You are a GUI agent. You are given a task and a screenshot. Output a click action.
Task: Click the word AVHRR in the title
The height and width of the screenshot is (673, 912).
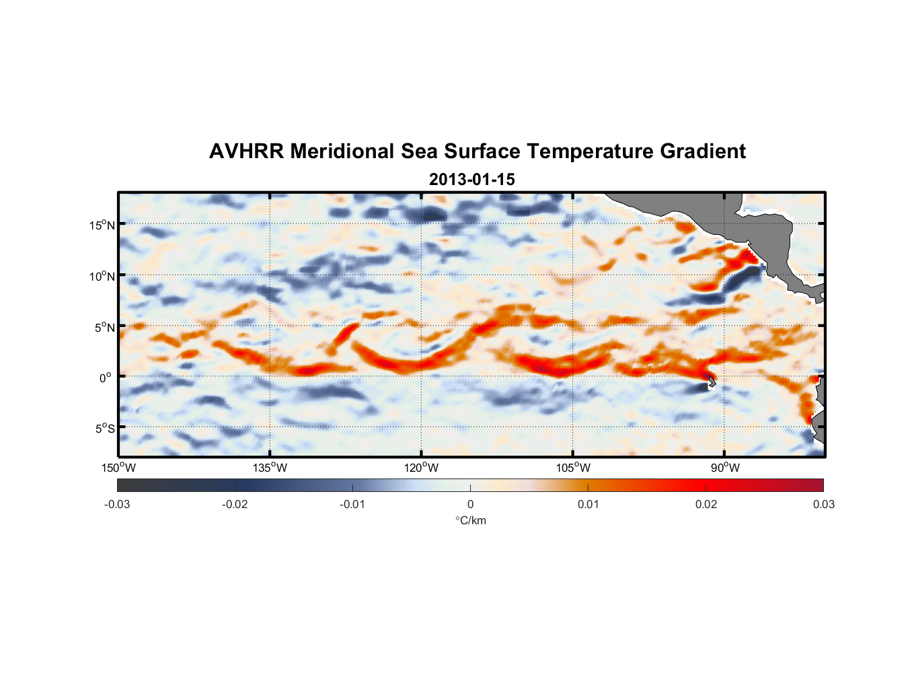[x=246, y=151]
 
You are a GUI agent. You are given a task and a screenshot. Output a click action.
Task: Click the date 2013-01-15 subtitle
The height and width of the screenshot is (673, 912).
[x=471, y=180]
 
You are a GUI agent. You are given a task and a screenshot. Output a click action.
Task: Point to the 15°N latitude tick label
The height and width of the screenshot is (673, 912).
[x=102, y=225]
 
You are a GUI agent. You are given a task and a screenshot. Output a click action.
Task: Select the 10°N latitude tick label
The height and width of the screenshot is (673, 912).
[x=102, y=276]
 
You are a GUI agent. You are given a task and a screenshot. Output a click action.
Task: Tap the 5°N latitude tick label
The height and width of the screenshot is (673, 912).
[x=104, y=327]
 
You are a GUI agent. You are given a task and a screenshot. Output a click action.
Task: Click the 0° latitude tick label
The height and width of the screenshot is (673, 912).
[x=106, y=378]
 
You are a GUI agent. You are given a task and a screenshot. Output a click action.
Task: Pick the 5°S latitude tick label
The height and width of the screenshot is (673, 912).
[x=104, y=428]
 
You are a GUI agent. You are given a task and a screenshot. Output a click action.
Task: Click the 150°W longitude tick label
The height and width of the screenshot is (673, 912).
[x=118, y=468]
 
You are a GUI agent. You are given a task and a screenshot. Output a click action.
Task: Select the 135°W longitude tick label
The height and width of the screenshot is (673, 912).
[x=270, y=468]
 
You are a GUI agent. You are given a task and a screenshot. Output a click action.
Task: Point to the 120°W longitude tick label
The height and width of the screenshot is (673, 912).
[x=421, y=468]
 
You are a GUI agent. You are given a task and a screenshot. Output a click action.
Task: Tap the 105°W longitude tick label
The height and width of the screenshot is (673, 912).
[x=573, y=468]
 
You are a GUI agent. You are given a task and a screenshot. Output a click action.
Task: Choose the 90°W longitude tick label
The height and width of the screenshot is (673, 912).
[x=725, y=468]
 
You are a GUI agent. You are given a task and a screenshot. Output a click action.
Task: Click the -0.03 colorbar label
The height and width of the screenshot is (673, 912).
[x=117, y=504]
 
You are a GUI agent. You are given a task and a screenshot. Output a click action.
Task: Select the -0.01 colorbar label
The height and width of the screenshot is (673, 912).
[x=352, y=504]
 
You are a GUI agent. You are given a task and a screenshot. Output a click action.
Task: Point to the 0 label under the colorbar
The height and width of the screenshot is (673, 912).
[x=470, y=504]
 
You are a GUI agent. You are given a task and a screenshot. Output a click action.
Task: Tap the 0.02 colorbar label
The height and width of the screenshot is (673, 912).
[x=706, y=504]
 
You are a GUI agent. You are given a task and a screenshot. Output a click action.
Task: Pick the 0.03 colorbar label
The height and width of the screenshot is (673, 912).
[x=823, y=504]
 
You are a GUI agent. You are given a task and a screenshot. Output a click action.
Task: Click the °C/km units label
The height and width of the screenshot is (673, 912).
[x=470, y=520]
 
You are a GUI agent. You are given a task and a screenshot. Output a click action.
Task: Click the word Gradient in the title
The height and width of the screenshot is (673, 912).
[x=703, y=151]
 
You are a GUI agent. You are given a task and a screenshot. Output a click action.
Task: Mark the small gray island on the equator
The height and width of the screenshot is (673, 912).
[x=711, y=381]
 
